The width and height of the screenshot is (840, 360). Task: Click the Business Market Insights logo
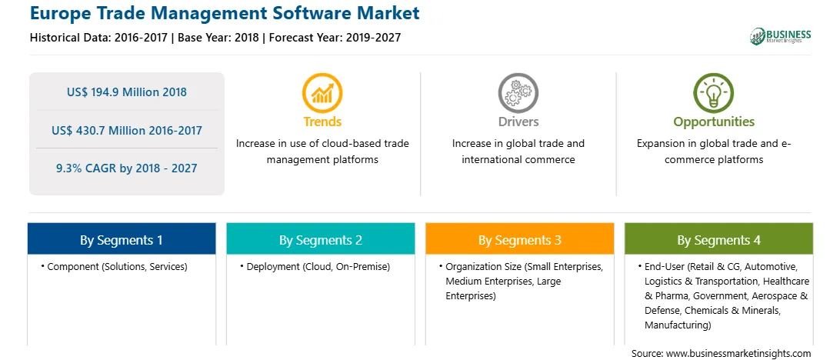point(781,36)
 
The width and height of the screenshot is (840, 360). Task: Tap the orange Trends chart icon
point(322,92)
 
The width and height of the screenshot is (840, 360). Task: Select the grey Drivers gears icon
point(518,92)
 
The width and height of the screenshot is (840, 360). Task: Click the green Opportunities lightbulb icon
point(714,92)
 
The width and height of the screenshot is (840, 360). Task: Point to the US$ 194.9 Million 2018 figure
point(127,92)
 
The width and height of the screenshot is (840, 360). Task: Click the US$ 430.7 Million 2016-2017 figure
point(127,130)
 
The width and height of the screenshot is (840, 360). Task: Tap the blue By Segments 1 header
point(122,239)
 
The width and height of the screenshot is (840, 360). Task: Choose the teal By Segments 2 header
point(320,239)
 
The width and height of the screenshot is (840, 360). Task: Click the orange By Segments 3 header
point(520,239)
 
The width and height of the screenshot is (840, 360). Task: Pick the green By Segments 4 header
point(719,239)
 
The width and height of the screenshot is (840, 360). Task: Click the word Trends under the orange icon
point(322,122)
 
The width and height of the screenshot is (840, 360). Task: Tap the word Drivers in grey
point(518,122)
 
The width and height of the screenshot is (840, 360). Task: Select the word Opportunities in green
point(714,122)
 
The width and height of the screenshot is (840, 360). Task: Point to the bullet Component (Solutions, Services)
point(114,266)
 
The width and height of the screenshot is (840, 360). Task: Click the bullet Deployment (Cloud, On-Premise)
point(315,266)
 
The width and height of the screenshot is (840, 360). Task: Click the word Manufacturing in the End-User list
point(677,325)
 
